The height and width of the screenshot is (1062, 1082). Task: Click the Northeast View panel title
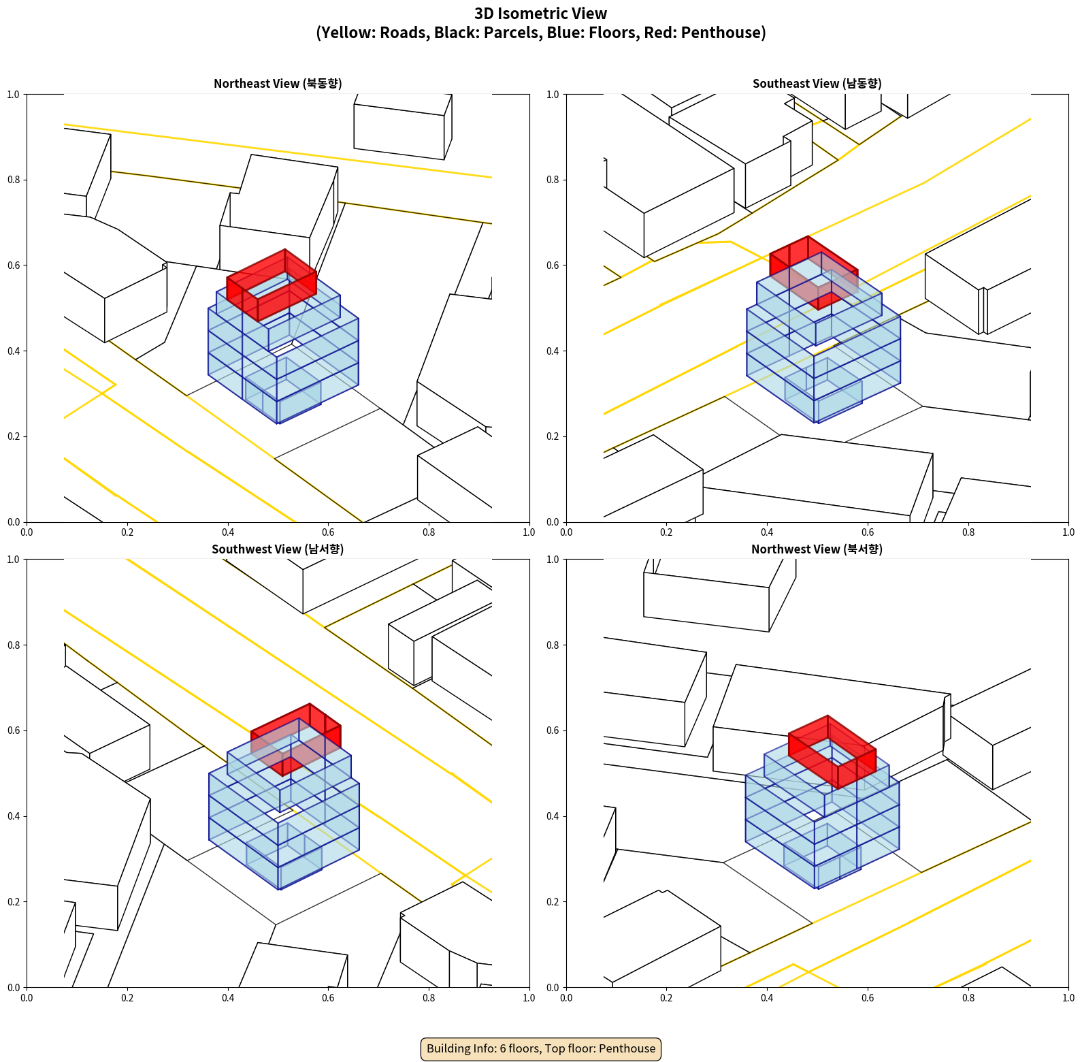278,84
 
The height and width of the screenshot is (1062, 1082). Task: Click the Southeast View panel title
817,84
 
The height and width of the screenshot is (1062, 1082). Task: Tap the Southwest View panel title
278,549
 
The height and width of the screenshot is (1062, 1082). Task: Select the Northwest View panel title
817,549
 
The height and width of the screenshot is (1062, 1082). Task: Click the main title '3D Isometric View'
540,14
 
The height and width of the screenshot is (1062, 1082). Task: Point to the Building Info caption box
541,1048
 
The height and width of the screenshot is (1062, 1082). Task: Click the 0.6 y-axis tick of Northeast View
14,265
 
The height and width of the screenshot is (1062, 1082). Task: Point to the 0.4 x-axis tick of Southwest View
228,998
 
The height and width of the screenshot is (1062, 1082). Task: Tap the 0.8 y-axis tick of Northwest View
553,645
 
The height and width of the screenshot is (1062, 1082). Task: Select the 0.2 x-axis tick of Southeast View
666,532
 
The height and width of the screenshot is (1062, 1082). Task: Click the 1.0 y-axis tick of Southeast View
553,95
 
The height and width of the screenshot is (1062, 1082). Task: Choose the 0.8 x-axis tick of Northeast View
429,532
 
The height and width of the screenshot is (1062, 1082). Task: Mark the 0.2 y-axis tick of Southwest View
14,902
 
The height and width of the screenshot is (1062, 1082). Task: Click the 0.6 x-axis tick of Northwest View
868,998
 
